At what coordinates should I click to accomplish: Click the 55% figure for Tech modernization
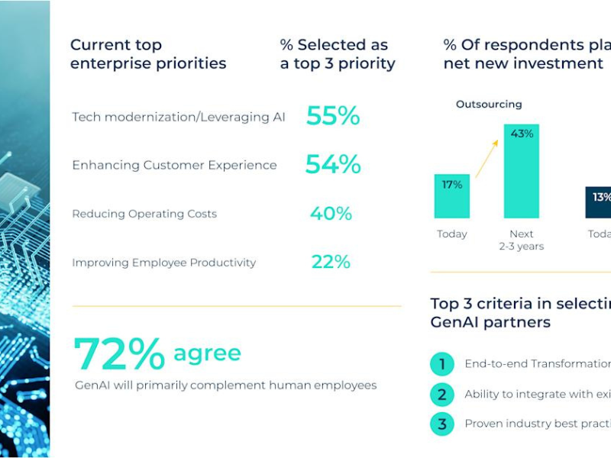(332, 116)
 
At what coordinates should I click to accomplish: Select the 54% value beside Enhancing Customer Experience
(332, 165)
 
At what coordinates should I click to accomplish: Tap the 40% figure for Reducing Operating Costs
(331, 214)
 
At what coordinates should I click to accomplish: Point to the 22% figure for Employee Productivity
(331, 263)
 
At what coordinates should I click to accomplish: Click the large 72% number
(118, 354)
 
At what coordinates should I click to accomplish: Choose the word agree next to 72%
(207, 353)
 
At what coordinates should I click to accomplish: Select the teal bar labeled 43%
(521, 171)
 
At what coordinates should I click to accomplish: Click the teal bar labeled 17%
(452, 196)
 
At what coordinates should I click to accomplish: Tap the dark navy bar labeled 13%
(600, 202)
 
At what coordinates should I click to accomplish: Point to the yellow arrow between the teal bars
(486, 159)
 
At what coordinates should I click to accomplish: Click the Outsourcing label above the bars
(489, 105)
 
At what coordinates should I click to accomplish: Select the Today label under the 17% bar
(452, 234)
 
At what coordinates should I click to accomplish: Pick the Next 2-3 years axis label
(521, 240)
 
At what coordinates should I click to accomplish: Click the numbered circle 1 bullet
(441, 365)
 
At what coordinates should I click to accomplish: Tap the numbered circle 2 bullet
(441, 395)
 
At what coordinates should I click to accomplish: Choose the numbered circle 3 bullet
(441, 424)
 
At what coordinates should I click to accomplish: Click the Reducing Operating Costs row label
(144, 214)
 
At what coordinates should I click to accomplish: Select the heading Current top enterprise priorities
(148, 54)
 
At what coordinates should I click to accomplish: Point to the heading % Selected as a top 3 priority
(338, 54)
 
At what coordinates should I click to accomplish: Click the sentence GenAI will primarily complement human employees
(225, 385)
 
